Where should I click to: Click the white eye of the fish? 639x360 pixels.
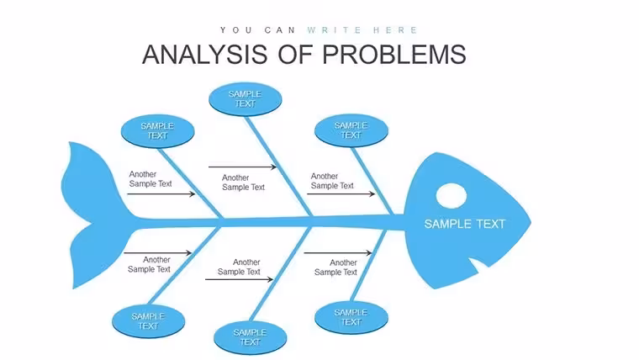coord(452,196)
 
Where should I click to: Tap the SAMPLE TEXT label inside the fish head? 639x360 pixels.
coord(465,224)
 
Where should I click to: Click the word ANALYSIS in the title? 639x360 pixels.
coord(205,55)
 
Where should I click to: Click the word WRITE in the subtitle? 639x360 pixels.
coord(334,30)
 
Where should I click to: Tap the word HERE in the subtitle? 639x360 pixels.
coord(395,30)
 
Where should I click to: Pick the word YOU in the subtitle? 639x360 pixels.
coord(236,30)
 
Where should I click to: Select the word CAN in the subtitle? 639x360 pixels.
coord(280,30)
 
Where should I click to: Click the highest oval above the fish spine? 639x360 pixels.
coord(245,99)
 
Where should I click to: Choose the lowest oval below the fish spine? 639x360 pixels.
coord(251,337)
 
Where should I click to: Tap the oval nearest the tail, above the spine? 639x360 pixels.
coord(157,131)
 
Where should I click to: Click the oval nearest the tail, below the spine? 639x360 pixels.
coord(148,321)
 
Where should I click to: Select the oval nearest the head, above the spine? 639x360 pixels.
coord(351,130)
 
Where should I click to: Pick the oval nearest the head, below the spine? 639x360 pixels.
coord(351,317)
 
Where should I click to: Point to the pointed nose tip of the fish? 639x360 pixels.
coord(531,223)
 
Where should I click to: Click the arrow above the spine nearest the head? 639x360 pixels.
coord(341,194)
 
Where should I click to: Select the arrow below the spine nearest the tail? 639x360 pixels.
coord(157,253)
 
